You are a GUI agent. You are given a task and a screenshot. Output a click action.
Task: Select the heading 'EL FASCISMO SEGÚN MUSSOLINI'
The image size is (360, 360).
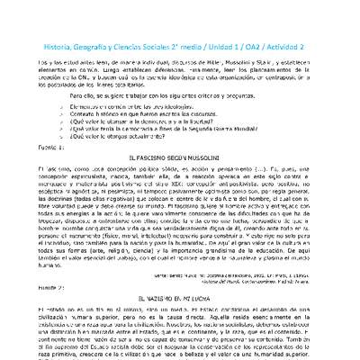click(179, 157)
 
